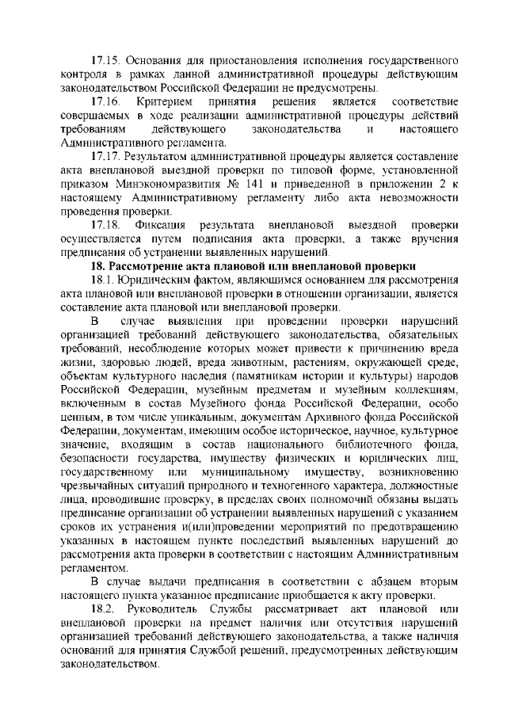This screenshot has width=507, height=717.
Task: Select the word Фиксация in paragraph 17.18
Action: [161, 226]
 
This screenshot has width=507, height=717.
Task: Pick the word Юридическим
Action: [162, 281]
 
